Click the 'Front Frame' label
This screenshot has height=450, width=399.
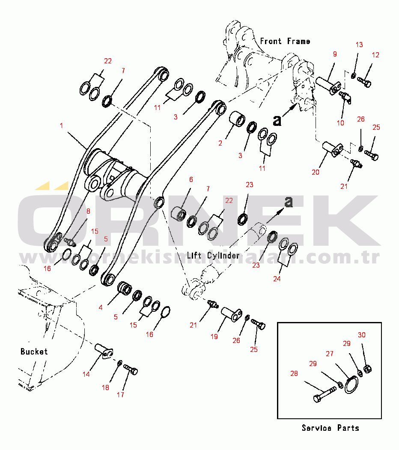click(x=285, y=41)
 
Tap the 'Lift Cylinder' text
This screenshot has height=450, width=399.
click(x=213, y=256)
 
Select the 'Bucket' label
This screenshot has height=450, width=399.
click(x=34, y=352)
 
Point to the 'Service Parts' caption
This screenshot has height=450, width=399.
click(x=330, y=428)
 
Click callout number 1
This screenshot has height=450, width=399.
click(x=62, y=126)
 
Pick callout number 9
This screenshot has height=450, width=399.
click(x=335, y=54)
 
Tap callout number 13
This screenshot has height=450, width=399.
click(x=359, y=45)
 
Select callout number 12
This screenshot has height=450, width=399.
click(x=375, y=55)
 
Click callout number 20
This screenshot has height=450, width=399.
click(x=316, y=173)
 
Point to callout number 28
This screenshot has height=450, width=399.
click(x=294, y=373)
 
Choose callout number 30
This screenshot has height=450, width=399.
click(x=362, y=335)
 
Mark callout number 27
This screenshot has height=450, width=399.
click(x=329, y=354)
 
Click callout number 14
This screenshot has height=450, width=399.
click(x=86, y=374)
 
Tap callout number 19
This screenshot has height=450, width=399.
click(x=214, y=337)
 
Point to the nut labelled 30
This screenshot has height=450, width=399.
click(x=367, y=369)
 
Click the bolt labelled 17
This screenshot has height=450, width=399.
click(x=131, y=370)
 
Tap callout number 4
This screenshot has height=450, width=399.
click(x=101, y=307)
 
